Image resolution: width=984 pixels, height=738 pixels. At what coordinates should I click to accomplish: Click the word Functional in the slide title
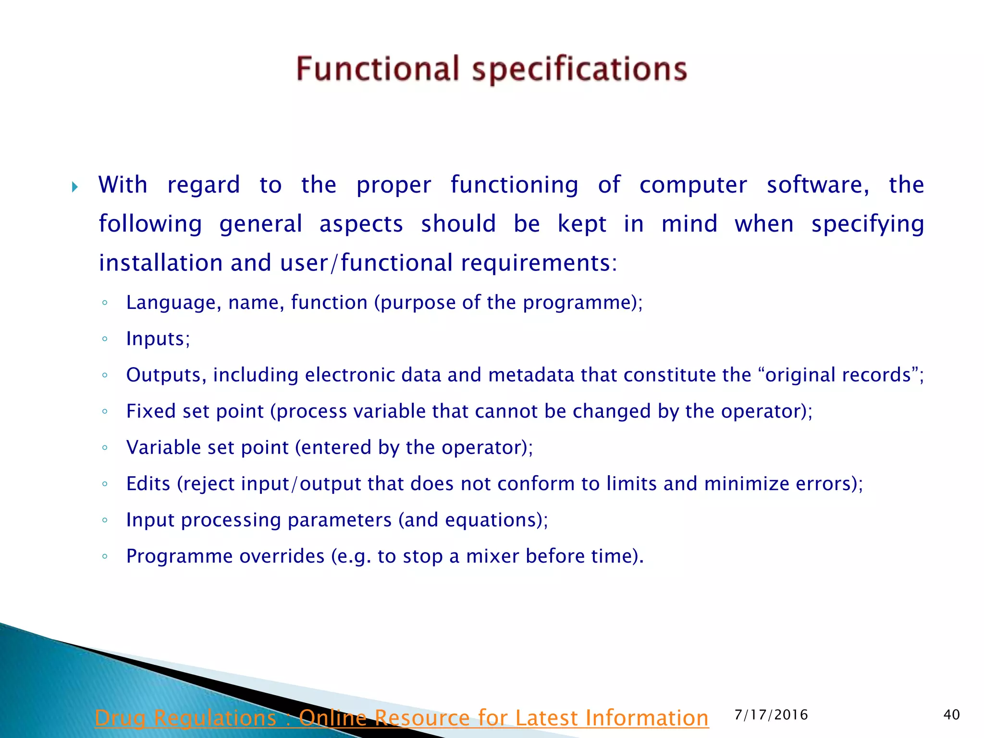pos(378,69)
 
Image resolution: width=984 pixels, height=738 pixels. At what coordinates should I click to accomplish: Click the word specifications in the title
pos(579,70)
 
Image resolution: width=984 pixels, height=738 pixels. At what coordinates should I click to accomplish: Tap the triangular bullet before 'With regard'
pos(75,187)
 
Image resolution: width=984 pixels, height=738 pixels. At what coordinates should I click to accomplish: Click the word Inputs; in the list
pos(158,339)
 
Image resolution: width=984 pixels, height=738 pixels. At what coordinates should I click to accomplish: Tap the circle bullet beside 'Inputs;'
pos(105,339)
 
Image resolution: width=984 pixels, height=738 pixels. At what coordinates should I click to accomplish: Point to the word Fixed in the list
pos(151,411)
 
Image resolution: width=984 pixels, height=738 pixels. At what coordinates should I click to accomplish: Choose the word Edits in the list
pos(148,484)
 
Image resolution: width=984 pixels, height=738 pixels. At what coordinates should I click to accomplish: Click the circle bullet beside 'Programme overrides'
pos(105,556)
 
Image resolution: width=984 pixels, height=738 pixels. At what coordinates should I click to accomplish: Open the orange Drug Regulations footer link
pos(401,718)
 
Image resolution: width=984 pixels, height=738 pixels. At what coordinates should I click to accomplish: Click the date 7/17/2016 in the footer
pos(771,715)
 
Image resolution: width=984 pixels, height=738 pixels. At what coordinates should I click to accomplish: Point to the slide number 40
pos(951,715)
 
